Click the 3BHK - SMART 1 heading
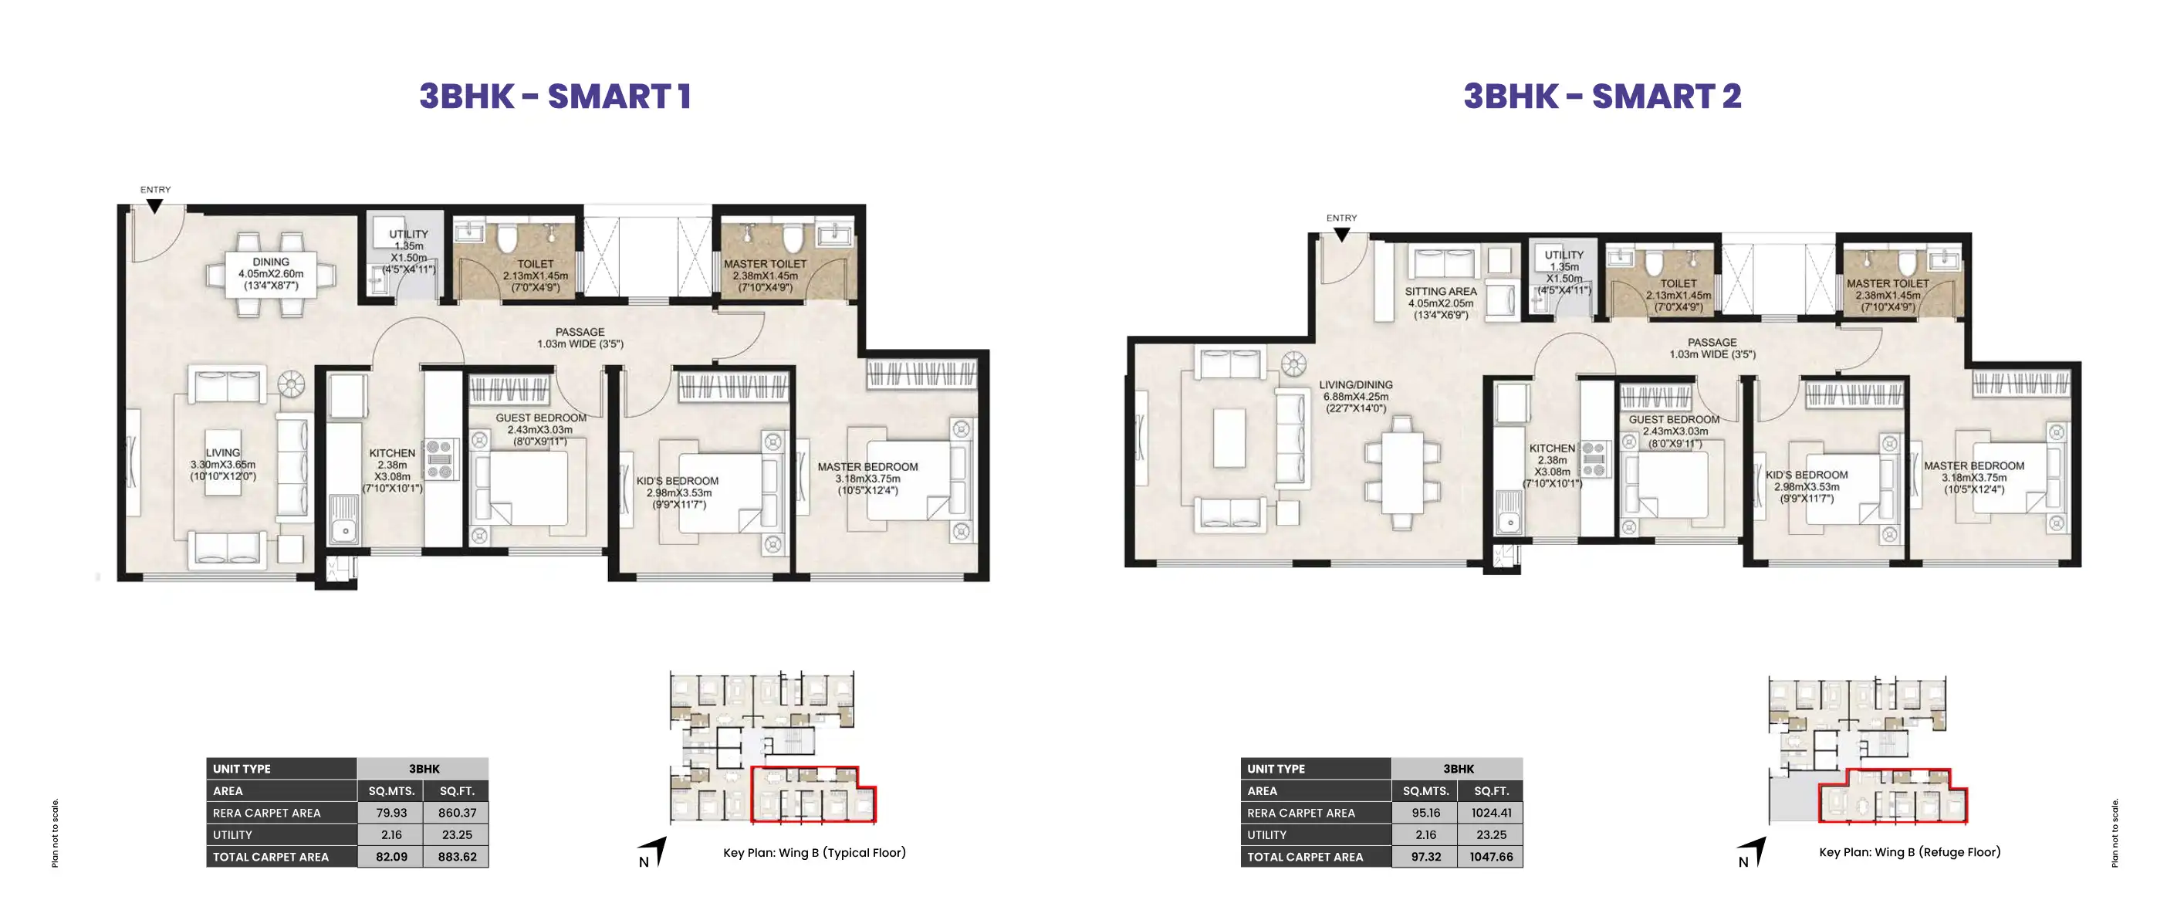click(555, 96)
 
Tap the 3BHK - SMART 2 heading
click(1603, 96)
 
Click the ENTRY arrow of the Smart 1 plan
click(155, 205)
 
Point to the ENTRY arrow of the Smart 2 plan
click(1342, 234)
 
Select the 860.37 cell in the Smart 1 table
click(457, 813)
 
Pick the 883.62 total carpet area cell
click(457, 857)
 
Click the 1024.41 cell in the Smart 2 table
click(1491, 813)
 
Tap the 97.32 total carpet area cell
click(1425, 857)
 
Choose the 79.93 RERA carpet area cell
click(391, 813)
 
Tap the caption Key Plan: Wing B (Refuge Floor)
click(1909, 852)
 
